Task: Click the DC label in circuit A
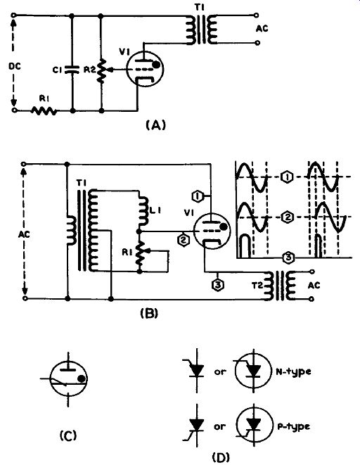tap(15, 66)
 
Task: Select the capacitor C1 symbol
tap(72, 70)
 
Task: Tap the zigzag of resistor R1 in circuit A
tap(44, 111)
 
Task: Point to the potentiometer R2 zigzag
tap(102, 70)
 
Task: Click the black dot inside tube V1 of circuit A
tap(156, 65)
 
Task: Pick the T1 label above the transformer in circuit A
tap(200, 6)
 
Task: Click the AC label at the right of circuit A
tap(262, 29)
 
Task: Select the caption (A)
tap(156, 125)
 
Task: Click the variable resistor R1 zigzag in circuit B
tap(140, 253)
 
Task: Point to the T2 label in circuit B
tap(257, 286)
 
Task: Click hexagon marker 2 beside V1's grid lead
tap(184, 240)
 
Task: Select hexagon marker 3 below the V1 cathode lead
tap(218, 285)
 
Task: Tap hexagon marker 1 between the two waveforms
tap(286, 177)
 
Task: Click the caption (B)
tap(149, 314)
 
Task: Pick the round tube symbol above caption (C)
tap(68, 378)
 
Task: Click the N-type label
tap(293, 371)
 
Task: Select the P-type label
tap(293, 426)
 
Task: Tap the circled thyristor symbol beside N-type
tap(253, 371)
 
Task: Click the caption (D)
tap(221, 457)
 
